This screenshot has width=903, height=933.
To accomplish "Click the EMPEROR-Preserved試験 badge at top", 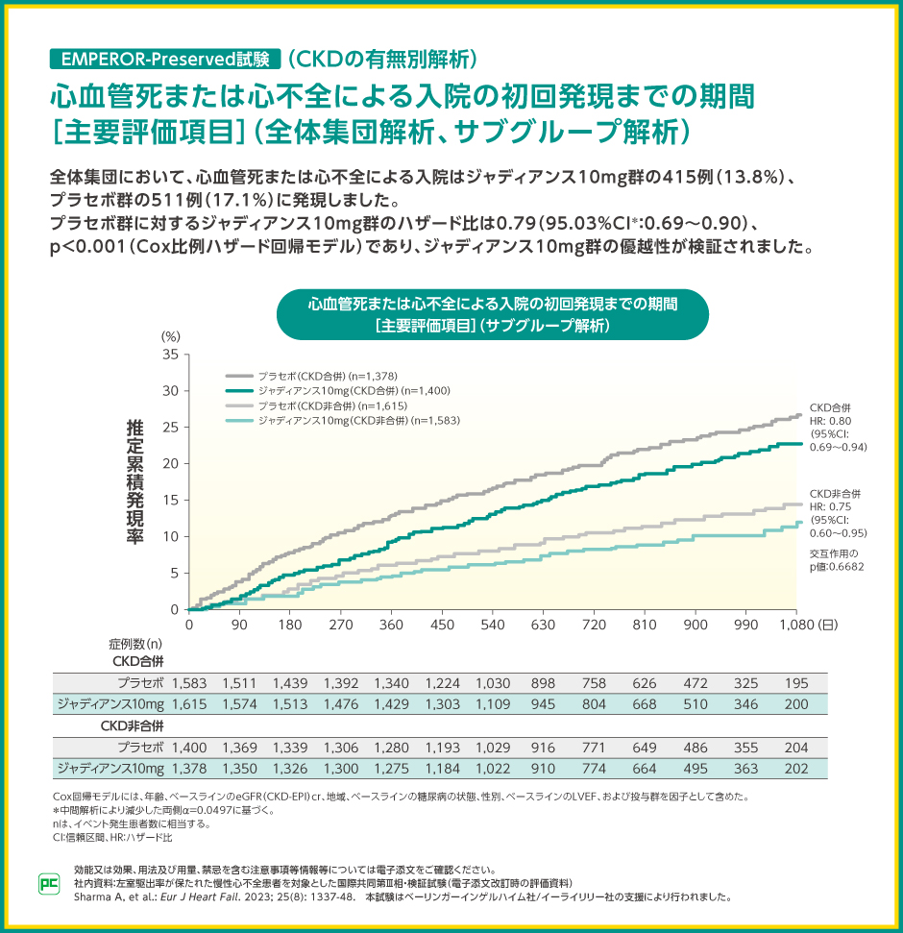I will click(x=164, y=58).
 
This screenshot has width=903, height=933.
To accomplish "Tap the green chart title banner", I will click(x=493, y=314).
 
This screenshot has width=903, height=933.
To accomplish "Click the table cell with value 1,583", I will click(x=189, y=683).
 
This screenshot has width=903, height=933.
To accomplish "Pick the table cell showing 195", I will click(x=797, y=683).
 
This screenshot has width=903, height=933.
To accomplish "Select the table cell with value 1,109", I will click(x=493, y=705).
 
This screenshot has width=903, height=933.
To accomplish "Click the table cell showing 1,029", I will click(x=493, y=747).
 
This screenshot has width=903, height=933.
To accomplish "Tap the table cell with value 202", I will click(x=797, y=768).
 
